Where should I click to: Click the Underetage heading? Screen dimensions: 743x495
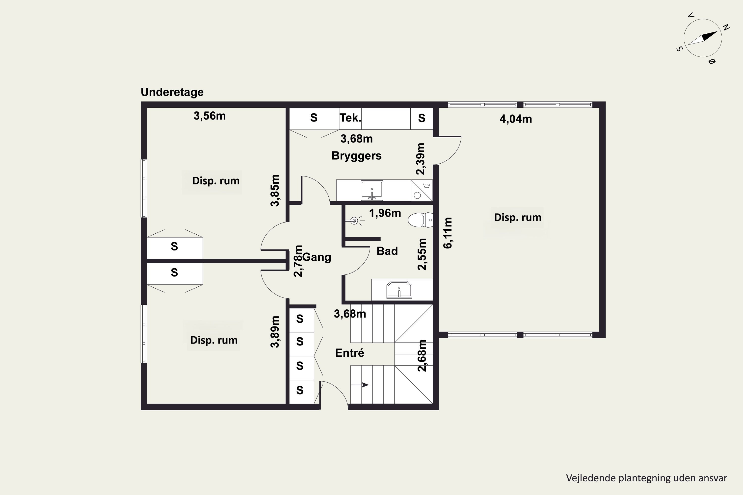(x=172, y=92)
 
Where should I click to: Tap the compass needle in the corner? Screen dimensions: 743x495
(x=703, y=38)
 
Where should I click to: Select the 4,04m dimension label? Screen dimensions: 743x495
(x=516, y=119)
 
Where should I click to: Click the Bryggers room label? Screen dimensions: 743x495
(x=356, y=156)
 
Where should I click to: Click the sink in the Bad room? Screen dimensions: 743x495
(x=399, y=290)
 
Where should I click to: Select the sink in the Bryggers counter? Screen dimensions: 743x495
(x=372, y=190)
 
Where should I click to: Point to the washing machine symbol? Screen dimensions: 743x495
(x=422, y=190)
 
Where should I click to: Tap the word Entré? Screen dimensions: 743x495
(x=349, y=353)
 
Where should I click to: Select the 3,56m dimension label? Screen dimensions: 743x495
(x=210, y=116)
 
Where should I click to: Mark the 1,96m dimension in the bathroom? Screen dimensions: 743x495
(x=385, y=213)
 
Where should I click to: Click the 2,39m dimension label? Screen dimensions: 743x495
(x=421, y=159)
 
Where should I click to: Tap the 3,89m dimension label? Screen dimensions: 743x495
(x=275, y=332)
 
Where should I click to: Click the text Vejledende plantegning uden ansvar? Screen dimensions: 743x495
(x=646, y=478)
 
